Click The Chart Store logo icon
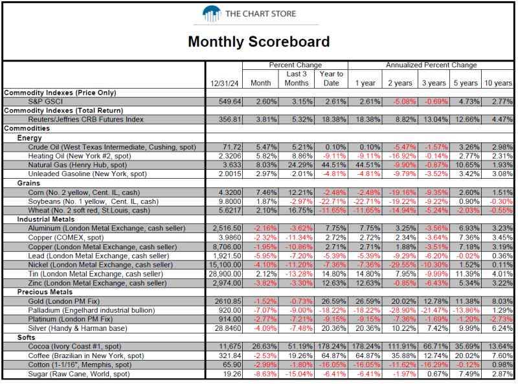click(x=212, y=14)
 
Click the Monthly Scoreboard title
click(x=258, y=41)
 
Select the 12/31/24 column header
click(x=224, y=84)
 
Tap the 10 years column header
click(x=498, y=84)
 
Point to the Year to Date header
click(x=331, y=78)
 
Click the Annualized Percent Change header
click(x=431, y=65)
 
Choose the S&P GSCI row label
click(x=45, y=102)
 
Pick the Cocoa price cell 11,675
click(x=230, y=346)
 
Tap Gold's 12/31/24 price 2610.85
click(x=228, y=301)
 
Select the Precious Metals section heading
click(x=45, y=292)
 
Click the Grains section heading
click(x=28, y=183)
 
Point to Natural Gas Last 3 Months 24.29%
click(x=300, y=165)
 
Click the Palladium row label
click(x=91, y=310)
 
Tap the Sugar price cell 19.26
click(x=232, y=374)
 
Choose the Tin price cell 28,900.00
click(x=225, y=274)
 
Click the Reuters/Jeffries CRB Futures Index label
click(x=85, y=119)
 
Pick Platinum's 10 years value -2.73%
click(x=501, y=319)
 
